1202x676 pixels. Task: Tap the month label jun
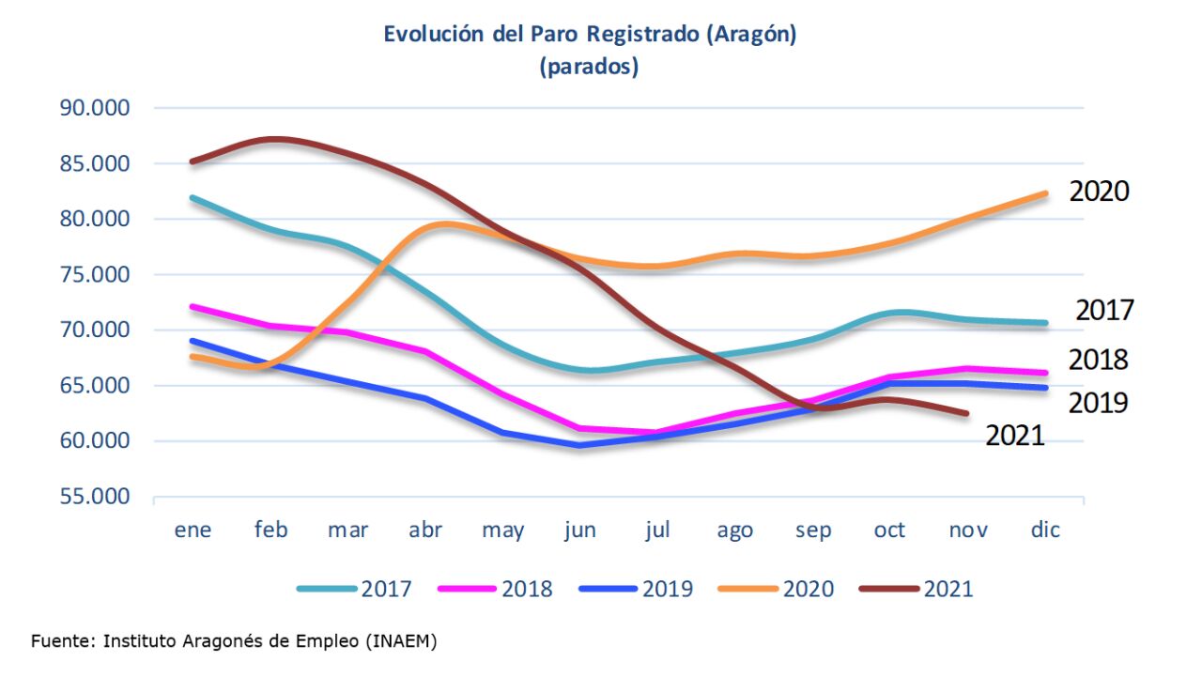click(x=580, y=530)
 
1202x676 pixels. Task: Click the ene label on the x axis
click(x=193, y=530)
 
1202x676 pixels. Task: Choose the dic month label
click(x=1045, y=530)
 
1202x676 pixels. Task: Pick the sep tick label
click(x=813, y=530)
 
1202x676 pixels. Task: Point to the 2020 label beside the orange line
click(x=1099, y=192)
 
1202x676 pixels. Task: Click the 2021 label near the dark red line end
click(x=1014, y=435)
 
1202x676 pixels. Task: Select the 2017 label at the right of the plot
click(x=1104, y=310)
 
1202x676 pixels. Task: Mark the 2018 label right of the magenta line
click(x=1099, y=360)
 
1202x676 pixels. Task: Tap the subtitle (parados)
click(x=589, y=68)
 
